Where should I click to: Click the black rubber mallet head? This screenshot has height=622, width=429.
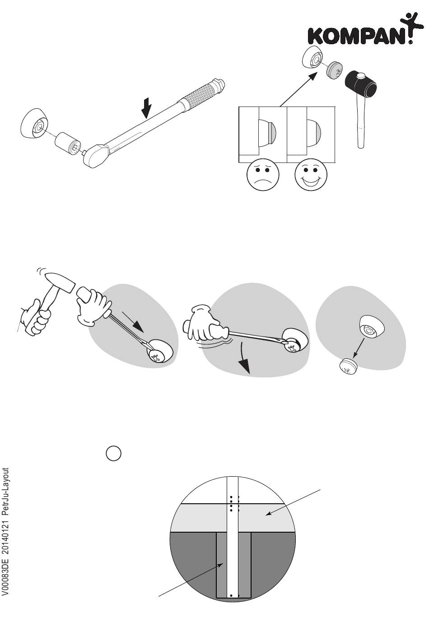click(x=364, y=84)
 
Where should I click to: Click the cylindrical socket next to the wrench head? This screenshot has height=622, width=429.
click(x=67, y=144)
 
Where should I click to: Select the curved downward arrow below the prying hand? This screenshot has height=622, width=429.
click(x=244, y=358)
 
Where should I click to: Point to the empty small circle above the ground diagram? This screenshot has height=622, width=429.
click(x=114, y=453)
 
